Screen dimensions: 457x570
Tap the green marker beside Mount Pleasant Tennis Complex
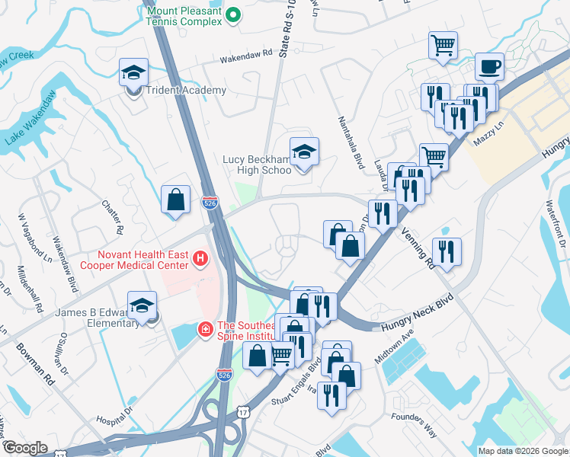coord(235,14)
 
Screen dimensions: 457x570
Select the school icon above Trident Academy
coord(133,73)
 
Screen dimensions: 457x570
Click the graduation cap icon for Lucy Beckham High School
coord(304,152)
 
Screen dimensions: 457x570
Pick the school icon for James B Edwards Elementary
coord(142,306)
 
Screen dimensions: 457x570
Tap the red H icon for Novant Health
coord(200,260)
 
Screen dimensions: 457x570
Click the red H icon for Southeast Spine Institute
coord(205,329)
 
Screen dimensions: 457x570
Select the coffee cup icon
coord(489,66)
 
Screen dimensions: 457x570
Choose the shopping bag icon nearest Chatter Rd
coord(175,200)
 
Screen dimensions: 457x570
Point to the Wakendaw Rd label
coord(246,56)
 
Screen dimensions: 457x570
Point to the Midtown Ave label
coord(393,347)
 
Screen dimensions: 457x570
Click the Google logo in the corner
coord(24,449)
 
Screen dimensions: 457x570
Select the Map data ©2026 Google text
coord(522,451)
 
